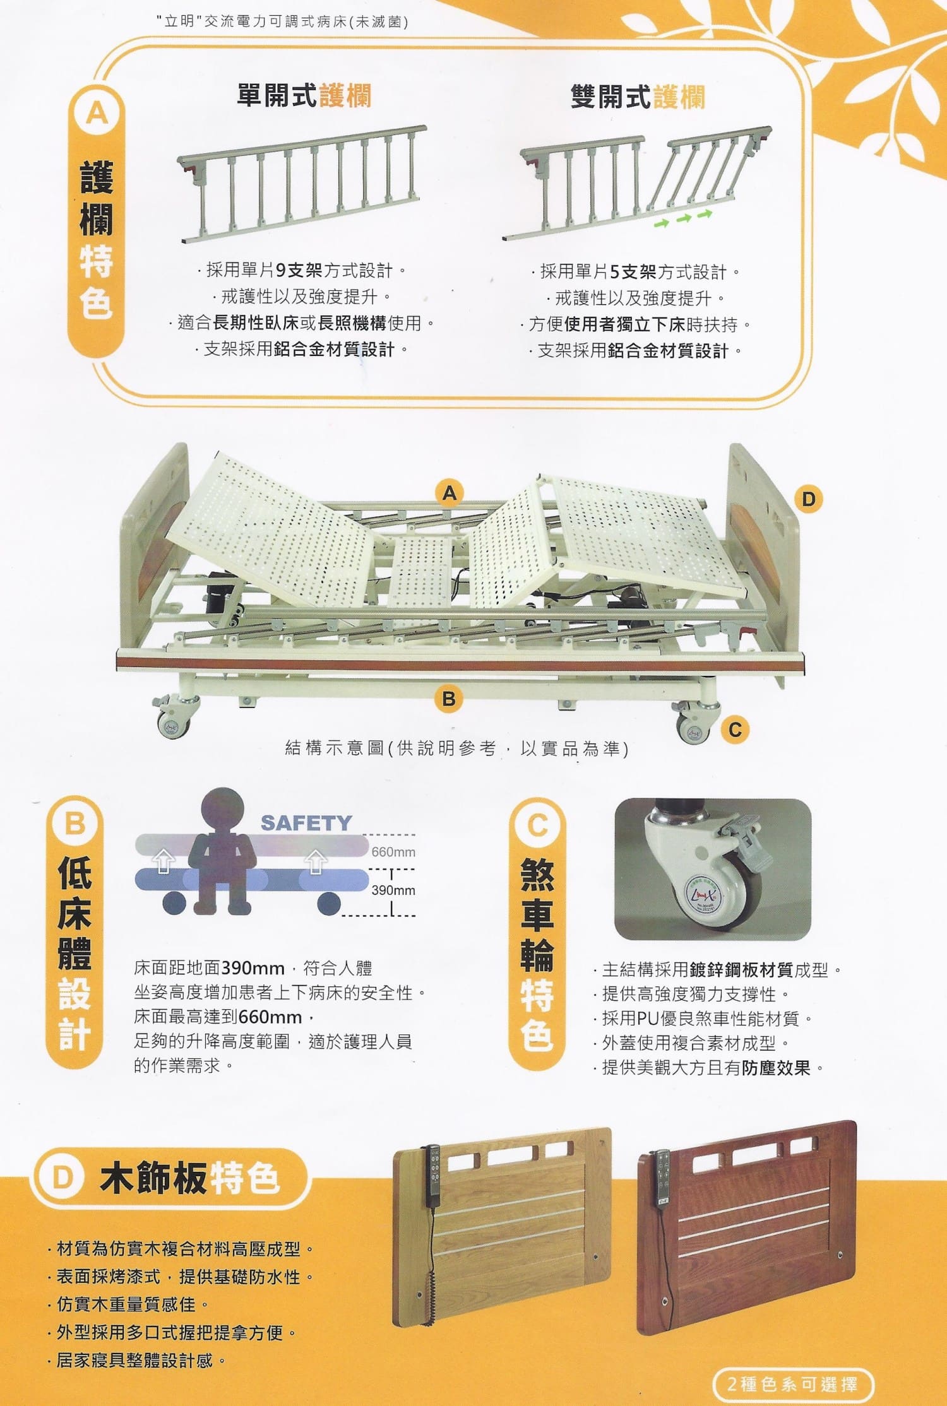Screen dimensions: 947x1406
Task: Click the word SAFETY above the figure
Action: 306,823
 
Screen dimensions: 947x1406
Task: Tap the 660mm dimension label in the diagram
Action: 393,852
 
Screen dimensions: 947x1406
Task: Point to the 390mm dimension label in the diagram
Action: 393,890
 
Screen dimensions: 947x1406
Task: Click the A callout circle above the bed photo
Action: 449,492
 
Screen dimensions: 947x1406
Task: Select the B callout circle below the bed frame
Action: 449,699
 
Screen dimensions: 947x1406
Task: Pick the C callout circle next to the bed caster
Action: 735,730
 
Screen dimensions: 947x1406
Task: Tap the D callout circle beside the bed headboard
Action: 808,499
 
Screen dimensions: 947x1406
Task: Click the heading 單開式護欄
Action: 304,96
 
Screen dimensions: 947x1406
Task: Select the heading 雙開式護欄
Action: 638,97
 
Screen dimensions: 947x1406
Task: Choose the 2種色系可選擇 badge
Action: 792,1385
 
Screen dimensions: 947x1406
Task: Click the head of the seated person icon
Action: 223,809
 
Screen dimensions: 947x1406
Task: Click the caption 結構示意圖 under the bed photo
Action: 335,748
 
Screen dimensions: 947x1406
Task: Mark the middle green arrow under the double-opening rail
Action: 684,218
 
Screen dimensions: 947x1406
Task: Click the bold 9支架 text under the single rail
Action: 300,271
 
